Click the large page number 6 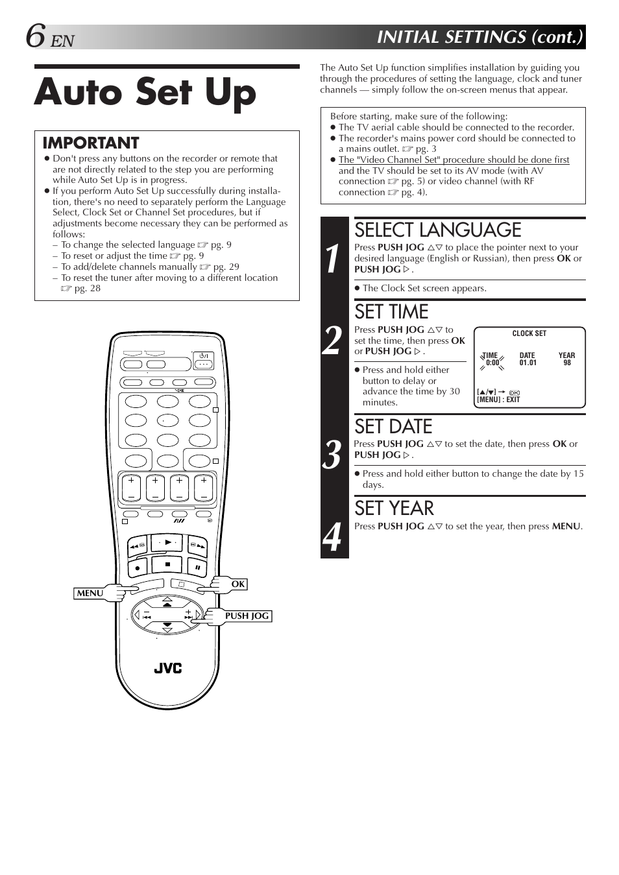36,37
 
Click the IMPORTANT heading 91,143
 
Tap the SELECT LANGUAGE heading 438,230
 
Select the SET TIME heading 391,312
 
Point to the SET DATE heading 393,427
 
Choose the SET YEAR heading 394,509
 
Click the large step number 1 333,259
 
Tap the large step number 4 333,536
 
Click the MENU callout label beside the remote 90,593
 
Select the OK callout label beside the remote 238,584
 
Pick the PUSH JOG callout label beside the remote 247,616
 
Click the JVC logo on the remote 167,668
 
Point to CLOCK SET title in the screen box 529,333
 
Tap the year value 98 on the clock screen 567,363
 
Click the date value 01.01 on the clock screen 528,363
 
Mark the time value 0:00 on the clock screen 492,363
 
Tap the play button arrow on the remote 168,542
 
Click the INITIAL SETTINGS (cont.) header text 480,37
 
